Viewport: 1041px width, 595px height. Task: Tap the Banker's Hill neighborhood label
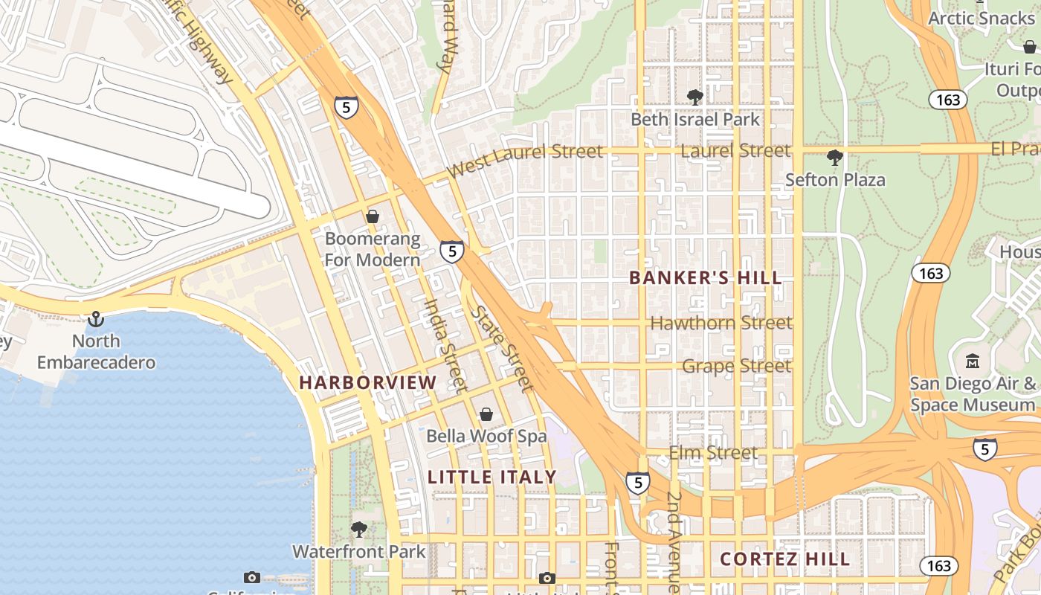click(x=706, y=278)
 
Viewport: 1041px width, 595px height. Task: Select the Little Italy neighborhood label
click(x=492, y=477)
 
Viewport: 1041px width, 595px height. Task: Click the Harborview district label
click(x=368, y=383)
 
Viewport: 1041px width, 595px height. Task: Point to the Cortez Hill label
click(x=785, y=559)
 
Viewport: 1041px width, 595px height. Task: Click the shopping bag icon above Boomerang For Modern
click(x=373, y=216)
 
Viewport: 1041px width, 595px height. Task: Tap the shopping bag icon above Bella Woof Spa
click(x=486, y=414)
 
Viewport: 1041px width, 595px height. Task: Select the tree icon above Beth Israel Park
click(x=695, y=97)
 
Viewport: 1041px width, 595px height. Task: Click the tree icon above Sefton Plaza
click(x=835, y=158)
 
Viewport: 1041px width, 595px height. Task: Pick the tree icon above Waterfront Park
click(x=359, y=530)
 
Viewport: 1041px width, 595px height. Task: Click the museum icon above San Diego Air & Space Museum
click(x=973, y=361)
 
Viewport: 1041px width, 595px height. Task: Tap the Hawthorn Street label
click(x=721, y=323)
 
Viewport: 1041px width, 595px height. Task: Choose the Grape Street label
click(x=736, y=366)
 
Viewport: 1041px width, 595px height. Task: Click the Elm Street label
click(x=713, y=453)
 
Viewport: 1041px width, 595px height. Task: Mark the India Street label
click(x=445, y=345)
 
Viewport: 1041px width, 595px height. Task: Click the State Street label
click(x=503, y=349)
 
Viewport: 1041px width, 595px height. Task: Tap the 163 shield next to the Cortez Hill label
click(x=938, y=566)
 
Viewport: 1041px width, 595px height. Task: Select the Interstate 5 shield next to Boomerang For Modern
click(x=451, y=251)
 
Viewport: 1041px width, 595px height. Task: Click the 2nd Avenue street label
click(x=674, y=539)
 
